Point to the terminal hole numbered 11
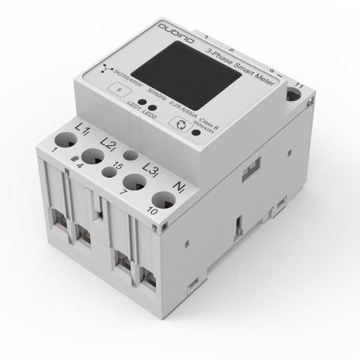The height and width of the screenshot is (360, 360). [x=295, y=93]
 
